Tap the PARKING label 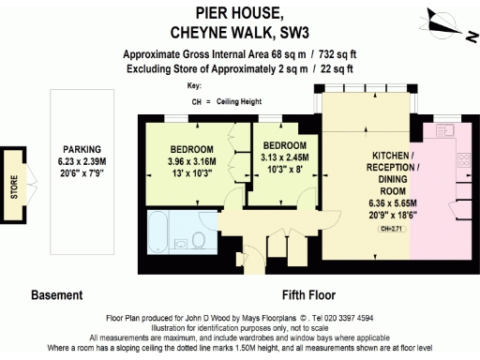(x=82, y=150)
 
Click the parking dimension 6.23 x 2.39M (x=82, y=161)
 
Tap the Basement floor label (x=57, y=294)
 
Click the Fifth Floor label (x=308, y=294)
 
